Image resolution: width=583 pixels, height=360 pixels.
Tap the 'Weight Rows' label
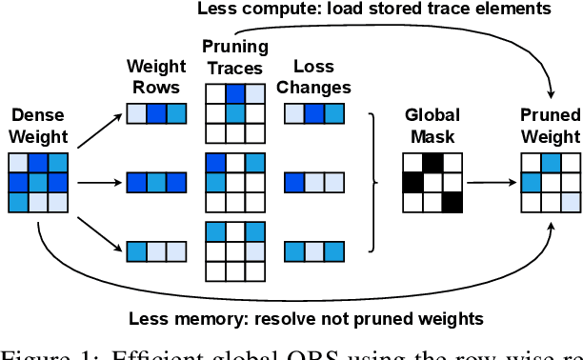point(156,76)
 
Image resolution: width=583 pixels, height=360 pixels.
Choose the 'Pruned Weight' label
point(551,124)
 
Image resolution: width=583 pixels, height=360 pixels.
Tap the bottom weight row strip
point(156,250)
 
